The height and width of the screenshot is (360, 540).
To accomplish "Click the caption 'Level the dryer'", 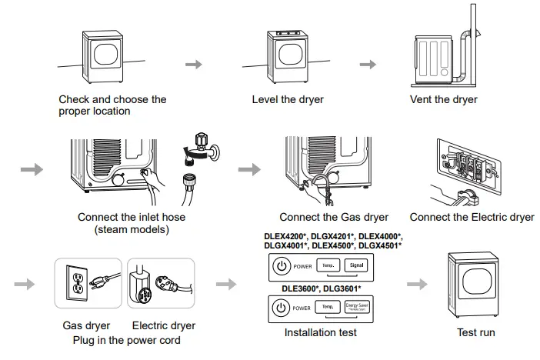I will click(x=288, y=100).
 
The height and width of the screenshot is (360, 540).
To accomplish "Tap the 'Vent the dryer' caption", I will click(x=445, y=100).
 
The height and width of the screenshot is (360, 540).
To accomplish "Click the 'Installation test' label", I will click(x=320, y=333).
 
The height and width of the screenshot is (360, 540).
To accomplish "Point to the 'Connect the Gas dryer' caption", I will click(x=334, y=218).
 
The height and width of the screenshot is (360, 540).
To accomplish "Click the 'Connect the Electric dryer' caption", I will click(x=472, y=218).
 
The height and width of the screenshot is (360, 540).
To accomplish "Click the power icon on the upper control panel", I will click(x=281, y=267).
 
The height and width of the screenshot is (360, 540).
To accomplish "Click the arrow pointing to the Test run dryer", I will click(x=416, y=284).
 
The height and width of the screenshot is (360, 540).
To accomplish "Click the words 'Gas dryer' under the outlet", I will click(x=86, y=326).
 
